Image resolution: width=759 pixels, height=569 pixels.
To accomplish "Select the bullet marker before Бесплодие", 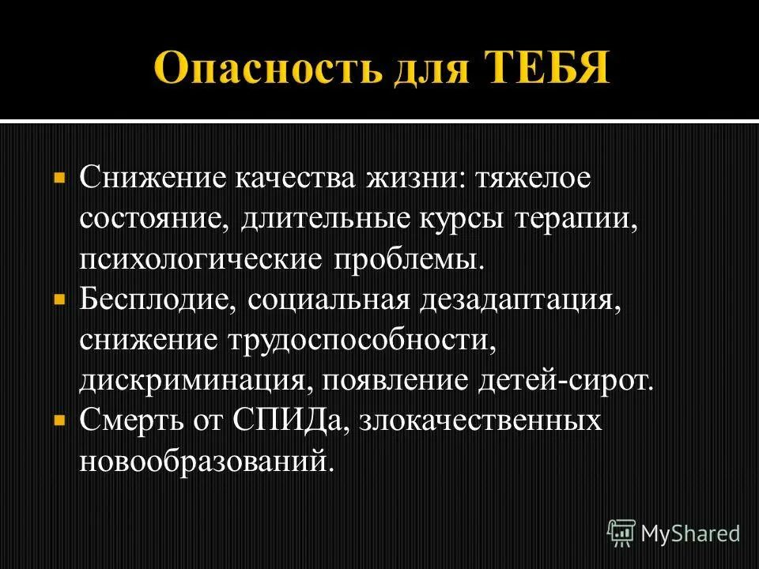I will tap(59, 301).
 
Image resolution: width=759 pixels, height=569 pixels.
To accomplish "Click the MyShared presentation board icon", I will tap(621, 533).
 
